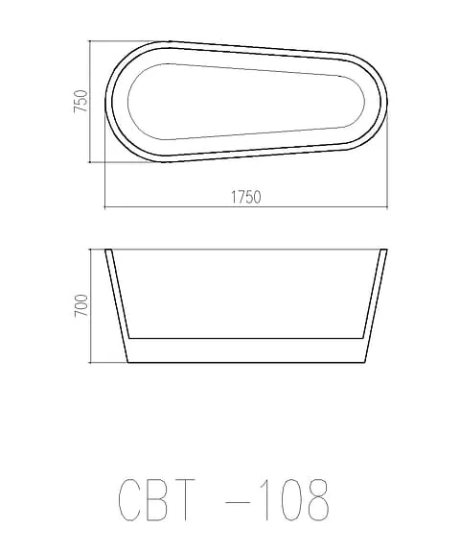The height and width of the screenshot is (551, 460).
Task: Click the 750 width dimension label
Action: click(80, 101)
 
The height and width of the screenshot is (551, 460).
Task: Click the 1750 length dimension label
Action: click(246, 197)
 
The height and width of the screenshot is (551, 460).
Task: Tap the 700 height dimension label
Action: click(81, 305)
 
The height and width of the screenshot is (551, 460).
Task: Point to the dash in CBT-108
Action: click(239, 502)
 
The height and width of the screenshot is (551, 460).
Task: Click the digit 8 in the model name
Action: click(318, 499)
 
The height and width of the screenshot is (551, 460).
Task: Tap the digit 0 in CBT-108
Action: click(291, 499)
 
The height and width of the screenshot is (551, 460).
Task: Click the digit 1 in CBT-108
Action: click(266, 499)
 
